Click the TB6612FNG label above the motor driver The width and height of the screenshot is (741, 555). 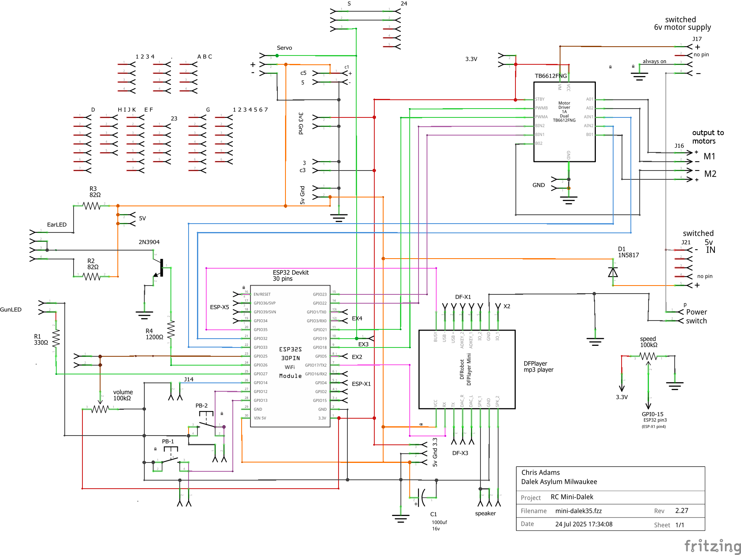(x=550, y=76)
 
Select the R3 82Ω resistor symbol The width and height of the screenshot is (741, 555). (x=91, y=206)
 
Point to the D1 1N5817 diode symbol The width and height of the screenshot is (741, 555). (x=613, y=273)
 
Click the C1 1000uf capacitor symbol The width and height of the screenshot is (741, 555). (x=422, y=497)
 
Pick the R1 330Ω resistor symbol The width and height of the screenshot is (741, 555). (x=56, y=338)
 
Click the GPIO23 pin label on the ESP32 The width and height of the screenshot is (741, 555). (x=320, y=294)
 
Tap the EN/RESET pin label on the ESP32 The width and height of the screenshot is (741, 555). (x=262, y=294)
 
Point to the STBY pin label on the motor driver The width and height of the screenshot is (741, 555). (x=540, y=99)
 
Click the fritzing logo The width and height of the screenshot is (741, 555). (x=712, y=546)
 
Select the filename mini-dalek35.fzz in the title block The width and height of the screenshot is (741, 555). (x=578, y=511)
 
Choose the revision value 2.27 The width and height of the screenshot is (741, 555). (x=681, y=511)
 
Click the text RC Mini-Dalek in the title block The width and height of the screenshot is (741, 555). (x=572, y=497)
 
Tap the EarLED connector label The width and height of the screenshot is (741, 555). (x=57, y=225)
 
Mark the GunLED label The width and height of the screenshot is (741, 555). (x=11, y=310)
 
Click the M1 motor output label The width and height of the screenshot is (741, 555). (x=709, y=156)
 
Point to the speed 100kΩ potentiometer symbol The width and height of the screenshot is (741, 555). (x=648, y=356)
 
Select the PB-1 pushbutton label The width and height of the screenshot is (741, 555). (x=168, y=442)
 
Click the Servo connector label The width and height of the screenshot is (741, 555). (x=284, y=48)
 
